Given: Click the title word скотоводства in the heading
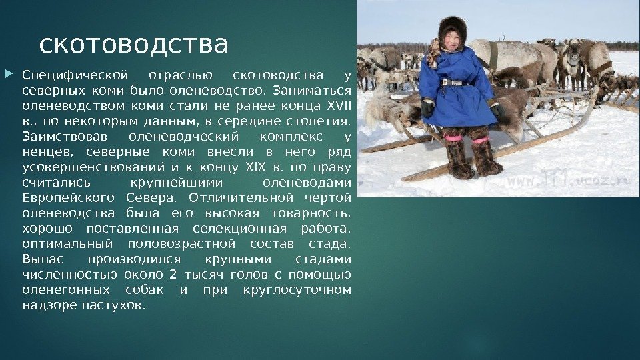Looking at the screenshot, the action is pyautogui.click(x=133, y=45).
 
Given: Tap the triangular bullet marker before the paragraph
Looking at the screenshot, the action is pyautogui.click(x=9, y=74).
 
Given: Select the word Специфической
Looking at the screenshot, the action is pyautogui.click(x=75, y=76).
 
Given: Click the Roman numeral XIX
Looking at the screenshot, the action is pyautogui.click(x=255, y=167).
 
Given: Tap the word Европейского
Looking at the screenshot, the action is pyautogui.click(x=68, y=199).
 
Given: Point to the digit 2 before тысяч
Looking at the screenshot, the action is pyautogui.click(x=173, y=274).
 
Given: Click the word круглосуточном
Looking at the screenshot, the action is pyautogui.click(x=297, y=290).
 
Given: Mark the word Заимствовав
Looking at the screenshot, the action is pyautogui.click(x=65, y=136).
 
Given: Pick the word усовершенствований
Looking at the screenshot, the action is pyautogui.click(x=93, y=168).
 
